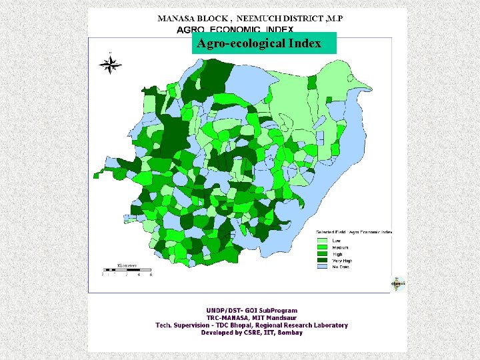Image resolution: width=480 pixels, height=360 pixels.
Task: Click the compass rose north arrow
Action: [110, 64]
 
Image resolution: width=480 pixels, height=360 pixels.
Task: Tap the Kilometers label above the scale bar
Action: [127, 265]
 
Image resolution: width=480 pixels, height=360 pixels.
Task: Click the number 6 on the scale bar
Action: [151, 275]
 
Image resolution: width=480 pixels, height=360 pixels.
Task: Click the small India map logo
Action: [398, 283]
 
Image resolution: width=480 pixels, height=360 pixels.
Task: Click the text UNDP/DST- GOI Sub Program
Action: [251, 311]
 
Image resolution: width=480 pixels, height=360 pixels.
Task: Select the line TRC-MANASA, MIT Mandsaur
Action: [251, 318]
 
